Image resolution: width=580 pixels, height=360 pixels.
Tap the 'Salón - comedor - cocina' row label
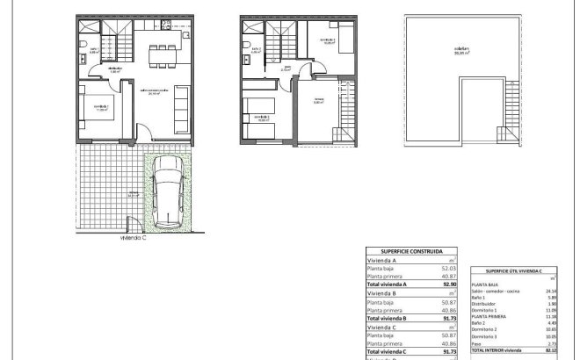point(492,291)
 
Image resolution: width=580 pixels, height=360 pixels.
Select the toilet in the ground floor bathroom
point(80,47)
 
